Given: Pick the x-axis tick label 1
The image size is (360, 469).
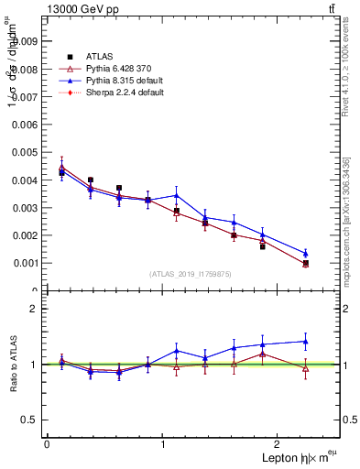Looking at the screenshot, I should [x=163, y=444].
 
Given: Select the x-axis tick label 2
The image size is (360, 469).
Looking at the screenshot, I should [x=279, y=444].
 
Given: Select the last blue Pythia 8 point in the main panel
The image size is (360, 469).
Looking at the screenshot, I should [x=305, y=254].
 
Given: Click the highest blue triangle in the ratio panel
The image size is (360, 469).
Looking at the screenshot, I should [x=305, y=342].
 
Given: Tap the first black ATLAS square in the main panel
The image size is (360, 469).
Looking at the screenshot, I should [x=61, y=172].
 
